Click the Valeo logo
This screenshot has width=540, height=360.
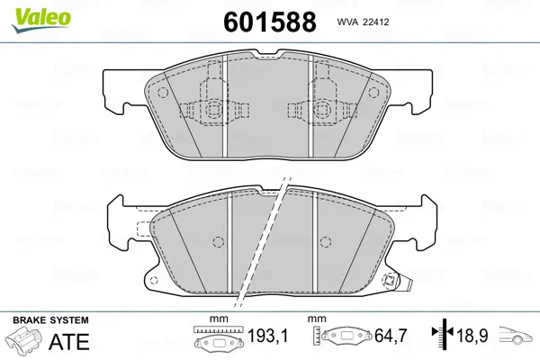click(x=40, y=19)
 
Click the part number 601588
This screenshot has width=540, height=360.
click(x=270, y=22)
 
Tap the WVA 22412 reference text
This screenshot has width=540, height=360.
click(x=363, y=22)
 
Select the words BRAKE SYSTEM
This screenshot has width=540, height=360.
click(x=50, y=320)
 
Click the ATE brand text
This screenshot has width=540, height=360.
click(x=69, y=341)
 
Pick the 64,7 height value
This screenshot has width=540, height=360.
click(x=391, y=336)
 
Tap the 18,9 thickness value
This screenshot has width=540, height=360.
click(x=472, y=336)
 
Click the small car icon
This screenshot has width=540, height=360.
click(x=515, y=335)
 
